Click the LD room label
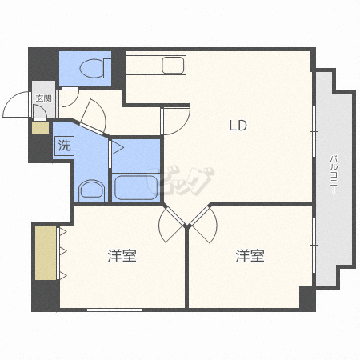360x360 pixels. [x=238, y=126]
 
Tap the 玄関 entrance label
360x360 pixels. [x=44, y=98]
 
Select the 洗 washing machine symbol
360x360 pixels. [x=64, y=146]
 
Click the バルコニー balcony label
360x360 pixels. [x=334, y=174]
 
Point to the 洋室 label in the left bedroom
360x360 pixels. [x=122, y=255]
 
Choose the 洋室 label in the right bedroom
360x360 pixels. [x=250, y=255]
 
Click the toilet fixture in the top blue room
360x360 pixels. [x=95, y=68]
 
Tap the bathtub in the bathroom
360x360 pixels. [x=135, y=187]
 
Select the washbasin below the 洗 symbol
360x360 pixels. [x=91, y=190]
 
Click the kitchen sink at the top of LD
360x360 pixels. [x=173, y=65]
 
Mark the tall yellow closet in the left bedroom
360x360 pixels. [x=46, y=254]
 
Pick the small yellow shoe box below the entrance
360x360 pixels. [x=41, y=128]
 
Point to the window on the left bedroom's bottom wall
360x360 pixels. [x=114, y=310]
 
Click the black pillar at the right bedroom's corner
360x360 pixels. [x=307, y=298]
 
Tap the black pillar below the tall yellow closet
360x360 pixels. [x=46, y=295]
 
